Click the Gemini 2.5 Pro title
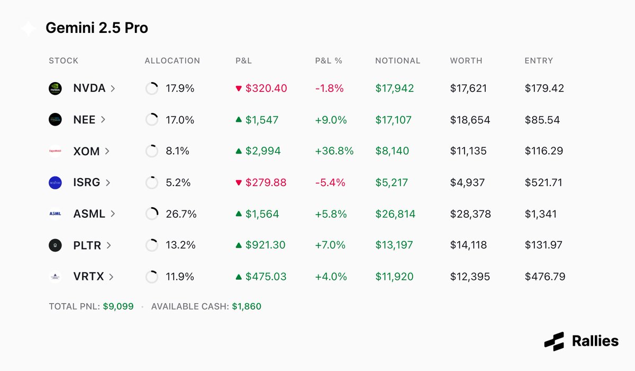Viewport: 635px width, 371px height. (97, 28)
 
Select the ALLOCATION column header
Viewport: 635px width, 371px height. (172, 60)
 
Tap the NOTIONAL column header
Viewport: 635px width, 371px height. (397, 60)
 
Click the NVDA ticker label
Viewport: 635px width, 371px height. (89, 89)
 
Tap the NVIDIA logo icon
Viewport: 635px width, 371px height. (55, 89)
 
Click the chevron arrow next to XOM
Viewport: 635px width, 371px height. (107, 151)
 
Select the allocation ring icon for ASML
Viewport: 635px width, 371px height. (152, 214)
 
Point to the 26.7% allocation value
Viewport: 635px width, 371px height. (181, 214)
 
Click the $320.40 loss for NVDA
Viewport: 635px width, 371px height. (266, 89)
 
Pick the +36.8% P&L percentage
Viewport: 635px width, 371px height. (334, 151)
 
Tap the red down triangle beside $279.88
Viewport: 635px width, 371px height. (239, 183)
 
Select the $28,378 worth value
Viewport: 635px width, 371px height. (470, 214)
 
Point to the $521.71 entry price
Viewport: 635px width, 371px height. (543, 183)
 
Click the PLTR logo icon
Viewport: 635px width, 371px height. (55, 245)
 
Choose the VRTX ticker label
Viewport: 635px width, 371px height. (89, 277)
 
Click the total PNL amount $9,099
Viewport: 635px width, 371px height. (118, 306)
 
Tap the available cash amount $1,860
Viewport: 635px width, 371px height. (247, 306)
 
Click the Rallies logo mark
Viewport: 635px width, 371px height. (554, 341)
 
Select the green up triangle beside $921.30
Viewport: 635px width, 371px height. (239, 245)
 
